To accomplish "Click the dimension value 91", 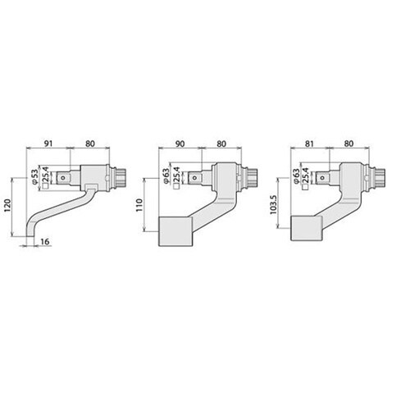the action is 48,143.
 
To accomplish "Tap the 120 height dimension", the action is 8,207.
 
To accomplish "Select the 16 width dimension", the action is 45,242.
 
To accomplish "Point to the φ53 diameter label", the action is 35,176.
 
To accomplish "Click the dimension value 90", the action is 180,143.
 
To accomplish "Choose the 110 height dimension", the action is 139,205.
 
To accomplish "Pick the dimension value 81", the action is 309,143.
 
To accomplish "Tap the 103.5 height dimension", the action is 274,205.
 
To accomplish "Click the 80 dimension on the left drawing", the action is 90,143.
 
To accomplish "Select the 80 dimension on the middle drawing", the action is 221,143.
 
